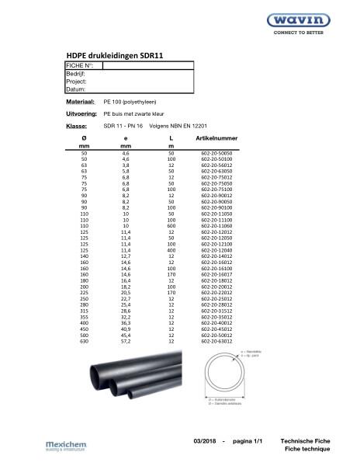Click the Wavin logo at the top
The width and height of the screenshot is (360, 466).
309,22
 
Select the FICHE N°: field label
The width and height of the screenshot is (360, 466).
80,65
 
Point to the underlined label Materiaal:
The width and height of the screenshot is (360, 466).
80,102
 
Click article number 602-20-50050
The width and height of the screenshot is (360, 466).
216,155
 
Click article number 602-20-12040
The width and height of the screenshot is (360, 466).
216,251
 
